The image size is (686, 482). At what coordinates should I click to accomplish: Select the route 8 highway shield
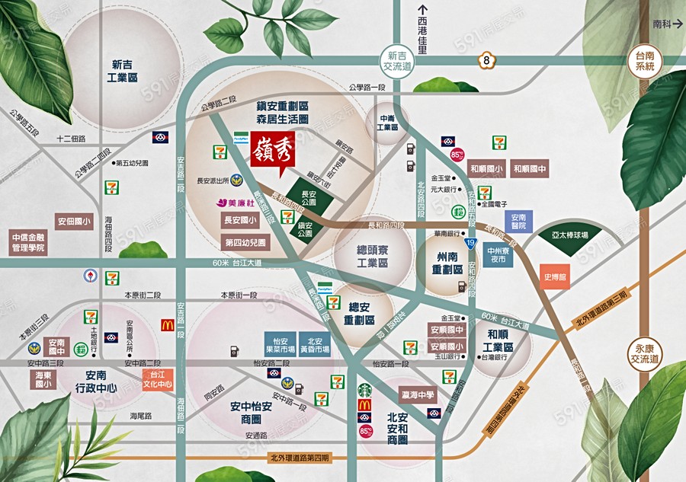(486, 61)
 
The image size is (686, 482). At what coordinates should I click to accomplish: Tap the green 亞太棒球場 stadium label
(585, 236)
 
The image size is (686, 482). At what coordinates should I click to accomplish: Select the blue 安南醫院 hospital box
(518, 221)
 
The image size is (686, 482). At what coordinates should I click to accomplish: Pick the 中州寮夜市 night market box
(498, 254)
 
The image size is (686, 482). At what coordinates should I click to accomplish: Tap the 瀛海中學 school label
(415, 395)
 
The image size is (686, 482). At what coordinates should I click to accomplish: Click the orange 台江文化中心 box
(158, 379)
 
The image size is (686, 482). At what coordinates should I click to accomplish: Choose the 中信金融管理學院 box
(28, 242)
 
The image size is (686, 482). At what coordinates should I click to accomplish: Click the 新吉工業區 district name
(123, 72)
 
